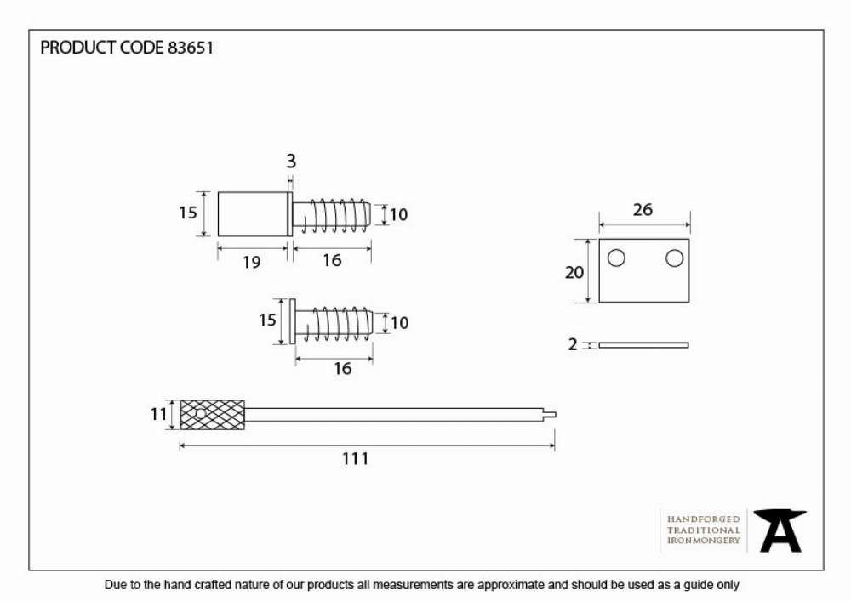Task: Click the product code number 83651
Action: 190,48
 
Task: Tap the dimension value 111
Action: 356,459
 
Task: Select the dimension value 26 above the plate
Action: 643,210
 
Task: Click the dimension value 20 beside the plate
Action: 574,272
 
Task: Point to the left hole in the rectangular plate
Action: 616,258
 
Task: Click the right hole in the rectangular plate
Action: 674,258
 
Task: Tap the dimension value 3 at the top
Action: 291,161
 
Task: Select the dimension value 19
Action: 251,263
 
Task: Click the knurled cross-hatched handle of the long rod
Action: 212,415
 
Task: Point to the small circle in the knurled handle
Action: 200,415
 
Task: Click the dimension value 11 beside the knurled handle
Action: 158,415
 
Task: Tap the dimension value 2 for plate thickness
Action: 573,344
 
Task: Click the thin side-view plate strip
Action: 643,345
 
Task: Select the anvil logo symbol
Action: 780,530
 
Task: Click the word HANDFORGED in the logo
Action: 704,519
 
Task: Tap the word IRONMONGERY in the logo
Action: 704,541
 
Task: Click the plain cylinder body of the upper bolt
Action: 253,214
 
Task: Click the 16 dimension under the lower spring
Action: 342,369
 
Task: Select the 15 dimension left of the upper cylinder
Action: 188,213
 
